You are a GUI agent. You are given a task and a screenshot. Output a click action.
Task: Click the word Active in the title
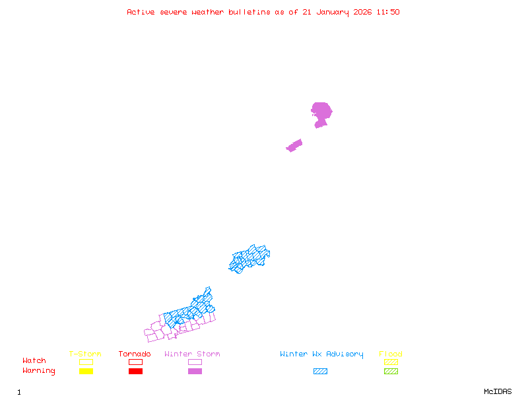pyautogui.click(x=141, y=12)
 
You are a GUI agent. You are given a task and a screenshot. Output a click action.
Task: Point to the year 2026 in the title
pyautogui.click(x=362, y=12)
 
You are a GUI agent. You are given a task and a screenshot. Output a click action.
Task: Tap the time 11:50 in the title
pyautogui.click(x=388, y=12)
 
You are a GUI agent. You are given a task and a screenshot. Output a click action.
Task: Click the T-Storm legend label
pyautogui.click(x=85, y=354)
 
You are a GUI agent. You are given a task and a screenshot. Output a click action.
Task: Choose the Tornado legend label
pyautogui.click(x=135, y=354)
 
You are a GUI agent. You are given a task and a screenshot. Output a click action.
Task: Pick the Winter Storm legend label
pyautogui.click(x=192, y=354)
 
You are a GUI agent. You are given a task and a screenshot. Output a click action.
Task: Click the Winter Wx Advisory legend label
pyautogui.click(x=321, y=354)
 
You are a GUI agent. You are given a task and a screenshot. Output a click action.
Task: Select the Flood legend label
pyautogui.click(x=391, y=354)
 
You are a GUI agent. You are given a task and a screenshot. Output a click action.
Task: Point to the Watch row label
pyautogui.click(x=34, y=361)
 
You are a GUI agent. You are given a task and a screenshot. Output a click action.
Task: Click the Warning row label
pyautogui.click(x=39, y=371)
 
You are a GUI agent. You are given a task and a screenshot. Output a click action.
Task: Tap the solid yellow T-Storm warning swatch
pyautogui.click(x=86, y=372)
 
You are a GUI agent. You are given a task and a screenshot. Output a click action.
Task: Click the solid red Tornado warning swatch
pyautogui.click(x=135, y=372)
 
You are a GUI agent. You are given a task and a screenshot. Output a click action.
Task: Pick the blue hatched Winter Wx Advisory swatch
pyautogui.click(x=320, y=372)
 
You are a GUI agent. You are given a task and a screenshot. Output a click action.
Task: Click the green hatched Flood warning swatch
pyautogui.click(x=391, y=372)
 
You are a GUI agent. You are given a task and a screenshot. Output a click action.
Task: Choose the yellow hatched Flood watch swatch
pyautogui.click(x=391, y=362)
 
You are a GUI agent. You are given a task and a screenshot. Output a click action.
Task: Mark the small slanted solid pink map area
pyautogui.click(x=294, y=145)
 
